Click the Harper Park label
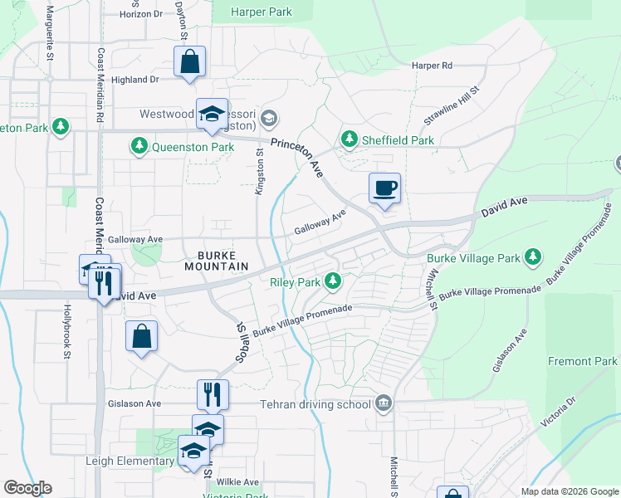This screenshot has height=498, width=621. [262, 12]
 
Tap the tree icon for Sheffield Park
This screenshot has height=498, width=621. [350, 139]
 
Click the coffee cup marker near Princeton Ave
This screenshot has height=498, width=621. [384, 188]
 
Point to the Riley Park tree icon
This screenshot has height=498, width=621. [333, 282]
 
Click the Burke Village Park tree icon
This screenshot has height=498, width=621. [532, 258]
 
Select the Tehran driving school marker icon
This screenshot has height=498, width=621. [383, 404]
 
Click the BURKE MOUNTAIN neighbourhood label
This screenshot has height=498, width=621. [211, 261]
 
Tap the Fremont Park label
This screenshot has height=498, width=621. [582, 362]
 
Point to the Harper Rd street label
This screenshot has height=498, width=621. [432, 66]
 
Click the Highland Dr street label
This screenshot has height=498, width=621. [134, 80]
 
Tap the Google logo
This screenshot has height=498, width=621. [28, 488]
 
